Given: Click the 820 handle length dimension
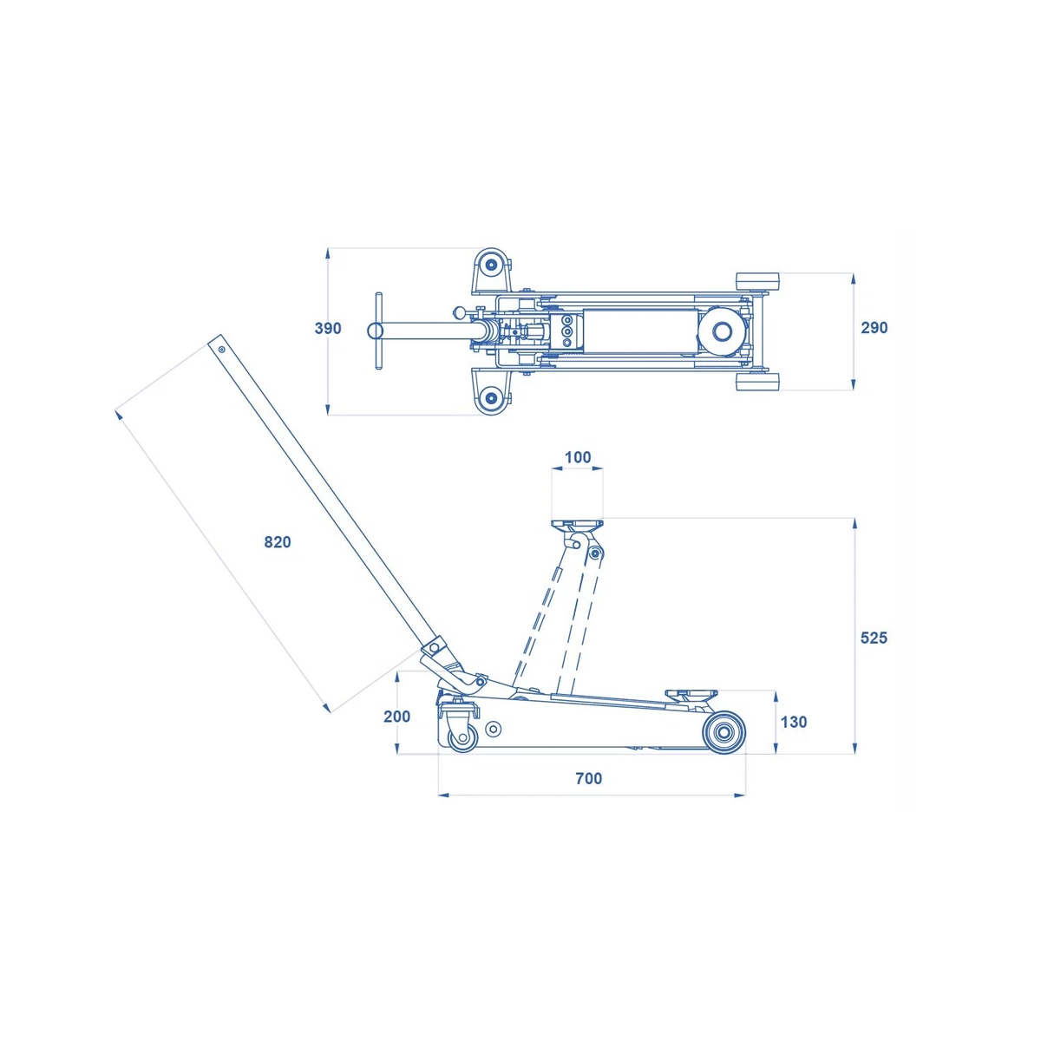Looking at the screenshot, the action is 277,542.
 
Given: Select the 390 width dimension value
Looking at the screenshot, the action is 328,329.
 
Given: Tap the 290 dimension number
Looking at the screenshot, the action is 874,328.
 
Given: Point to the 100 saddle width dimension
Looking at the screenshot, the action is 578,457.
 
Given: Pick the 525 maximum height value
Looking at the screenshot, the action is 874,638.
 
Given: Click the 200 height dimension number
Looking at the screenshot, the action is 397,717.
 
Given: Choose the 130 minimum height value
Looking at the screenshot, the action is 794,723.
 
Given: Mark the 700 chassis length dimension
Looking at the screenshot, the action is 588,778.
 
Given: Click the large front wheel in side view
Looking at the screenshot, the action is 723,733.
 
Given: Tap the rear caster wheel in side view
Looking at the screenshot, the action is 462,737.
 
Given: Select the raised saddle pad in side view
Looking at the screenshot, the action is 577,523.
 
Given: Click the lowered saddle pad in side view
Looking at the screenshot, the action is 691,694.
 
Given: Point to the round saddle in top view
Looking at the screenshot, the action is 723,330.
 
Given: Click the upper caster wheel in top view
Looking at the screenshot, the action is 491,265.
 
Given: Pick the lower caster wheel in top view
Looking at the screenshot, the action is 491,399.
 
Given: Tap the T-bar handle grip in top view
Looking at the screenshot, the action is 379,331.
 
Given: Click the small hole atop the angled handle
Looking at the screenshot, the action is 221,349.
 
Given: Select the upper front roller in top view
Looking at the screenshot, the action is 758,283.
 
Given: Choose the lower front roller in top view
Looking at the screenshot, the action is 758,382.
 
